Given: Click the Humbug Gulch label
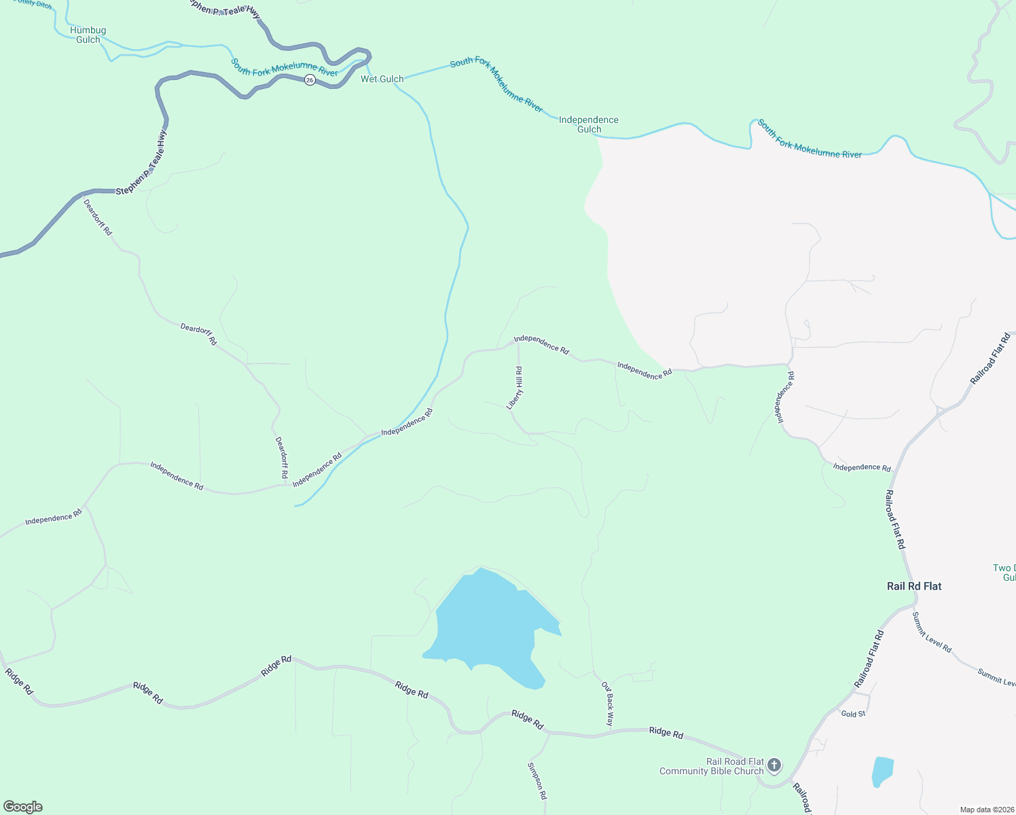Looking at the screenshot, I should click(x=88, y=35).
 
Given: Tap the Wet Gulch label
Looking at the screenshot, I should click(x=382, y=79).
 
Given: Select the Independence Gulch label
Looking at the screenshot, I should click(x=588, y=124).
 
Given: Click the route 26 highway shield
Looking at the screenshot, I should click(x=310, y=80).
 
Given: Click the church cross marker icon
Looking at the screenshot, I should click(x=774, y=765).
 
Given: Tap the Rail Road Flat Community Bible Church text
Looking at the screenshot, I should click(x=712, y=766).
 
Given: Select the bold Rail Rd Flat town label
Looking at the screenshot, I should click(x=914, y=586).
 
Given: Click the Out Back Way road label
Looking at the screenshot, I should click(x=609, y=704).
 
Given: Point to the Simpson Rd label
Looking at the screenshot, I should click(x=537, y=780).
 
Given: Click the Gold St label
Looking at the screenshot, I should click(x=853, y=714).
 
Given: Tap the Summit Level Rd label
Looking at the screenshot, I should click(x=931, y=632).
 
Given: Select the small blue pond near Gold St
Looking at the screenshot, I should click(x=882, y=771).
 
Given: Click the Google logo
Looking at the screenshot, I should click(x=23, y=807).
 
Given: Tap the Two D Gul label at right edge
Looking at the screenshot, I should click(x=1004, y=573).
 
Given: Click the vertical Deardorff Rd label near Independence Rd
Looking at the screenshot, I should click(x=281, y=457).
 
